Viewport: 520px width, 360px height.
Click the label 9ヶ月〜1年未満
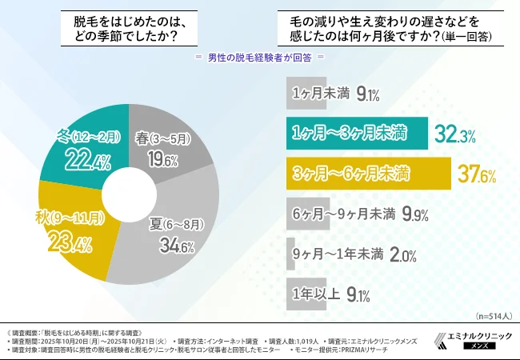pos(341,255)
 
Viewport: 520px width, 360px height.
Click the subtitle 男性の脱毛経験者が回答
pos(260,58)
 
